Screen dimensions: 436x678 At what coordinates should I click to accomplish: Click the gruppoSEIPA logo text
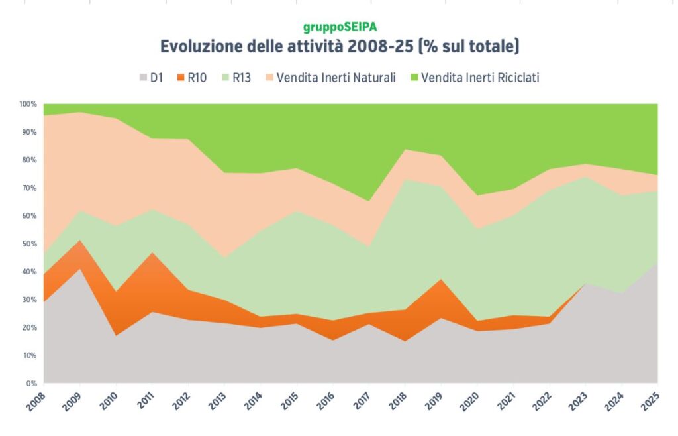(x=340, y=28)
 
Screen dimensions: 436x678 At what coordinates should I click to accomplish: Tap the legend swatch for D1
(x=141, y=78)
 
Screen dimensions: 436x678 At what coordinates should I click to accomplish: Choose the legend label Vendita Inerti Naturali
(x=336, y=78)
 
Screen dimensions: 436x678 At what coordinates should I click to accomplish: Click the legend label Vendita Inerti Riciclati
(x=480, y=78)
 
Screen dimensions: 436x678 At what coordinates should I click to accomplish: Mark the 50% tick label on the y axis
(x=29, y=244)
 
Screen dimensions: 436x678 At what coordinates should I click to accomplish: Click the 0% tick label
(x=31, y=384)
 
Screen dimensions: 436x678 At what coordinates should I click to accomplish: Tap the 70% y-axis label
(x=29, y=188)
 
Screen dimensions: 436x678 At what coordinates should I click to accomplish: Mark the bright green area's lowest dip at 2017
(x=369, y=201)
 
